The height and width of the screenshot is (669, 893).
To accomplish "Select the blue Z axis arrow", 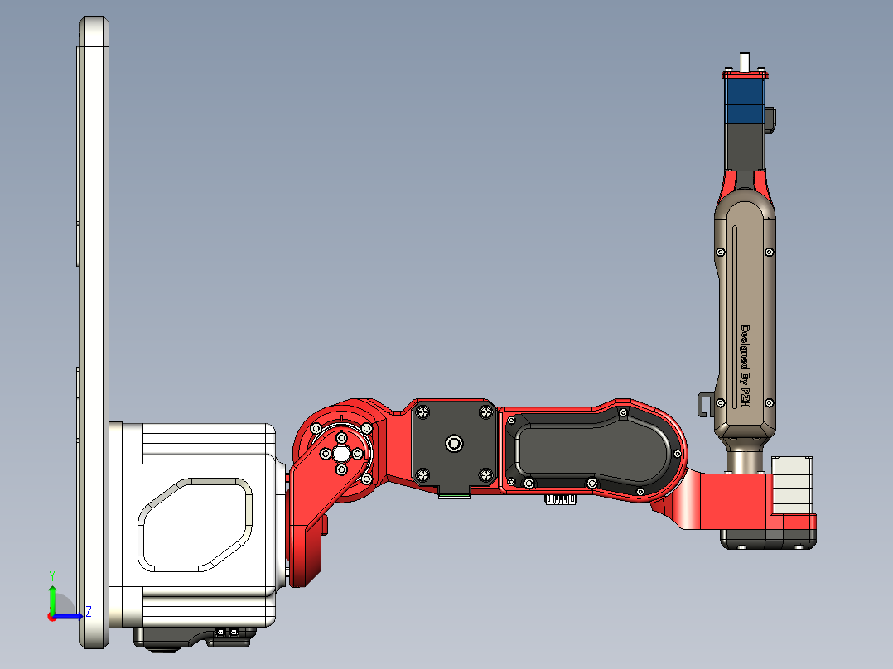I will [x=70, y=615].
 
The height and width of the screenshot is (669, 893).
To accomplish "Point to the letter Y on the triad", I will [x=51, y=575].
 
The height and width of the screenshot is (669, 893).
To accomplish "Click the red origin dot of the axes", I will [x=51, y=616].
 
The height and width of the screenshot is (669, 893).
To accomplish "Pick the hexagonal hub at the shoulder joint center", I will [x=340, y=454].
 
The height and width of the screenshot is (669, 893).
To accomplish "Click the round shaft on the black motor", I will [x=453, y=444].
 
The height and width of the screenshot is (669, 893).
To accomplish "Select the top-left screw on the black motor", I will [x=422, y=412].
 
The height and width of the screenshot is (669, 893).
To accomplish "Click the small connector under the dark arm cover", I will [x=561, y=499].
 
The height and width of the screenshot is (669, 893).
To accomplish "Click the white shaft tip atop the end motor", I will [x=745, y=61].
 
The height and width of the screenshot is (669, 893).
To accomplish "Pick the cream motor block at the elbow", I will [x=794, y=484].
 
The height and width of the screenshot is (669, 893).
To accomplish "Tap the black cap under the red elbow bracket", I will [x=767, y=539].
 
